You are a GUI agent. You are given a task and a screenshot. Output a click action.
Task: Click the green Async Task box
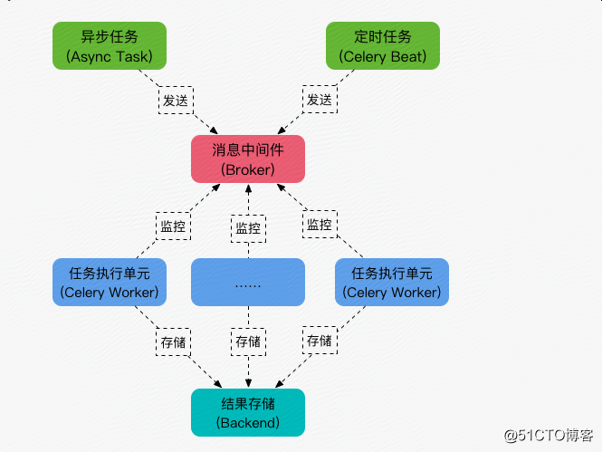pos(110,45)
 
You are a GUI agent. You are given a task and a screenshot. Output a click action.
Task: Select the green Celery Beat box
pos(383,45)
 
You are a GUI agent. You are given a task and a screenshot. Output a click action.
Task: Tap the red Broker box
pos(248,159)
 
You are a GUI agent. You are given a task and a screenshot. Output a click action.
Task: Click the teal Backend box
pos(248,412)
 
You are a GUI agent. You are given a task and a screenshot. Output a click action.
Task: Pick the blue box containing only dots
pos(248,283)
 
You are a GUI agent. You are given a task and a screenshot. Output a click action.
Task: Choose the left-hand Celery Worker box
pos(110,283)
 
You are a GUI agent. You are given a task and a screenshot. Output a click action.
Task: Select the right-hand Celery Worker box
pos(392,283)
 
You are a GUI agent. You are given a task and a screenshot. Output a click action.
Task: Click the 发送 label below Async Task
pos(176,101)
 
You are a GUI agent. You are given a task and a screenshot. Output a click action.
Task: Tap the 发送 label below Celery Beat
pos(320,100)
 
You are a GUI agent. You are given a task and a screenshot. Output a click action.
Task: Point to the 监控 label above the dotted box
pos(248,228)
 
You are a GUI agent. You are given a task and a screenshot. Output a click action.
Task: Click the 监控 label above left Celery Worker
pos(173,226)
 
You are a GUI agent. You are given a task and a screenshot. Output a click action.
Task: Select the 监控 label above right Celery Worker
pos(320,225)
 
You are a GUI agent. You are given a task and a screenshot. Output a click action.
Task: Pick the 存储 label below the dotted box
pos(248,341)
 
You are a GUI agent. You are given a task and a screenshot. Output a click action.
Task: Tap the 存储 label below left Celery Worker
pos(173,342)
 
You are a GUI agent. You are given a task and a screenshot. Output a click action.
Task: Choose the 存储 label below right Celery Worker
pos(320,341)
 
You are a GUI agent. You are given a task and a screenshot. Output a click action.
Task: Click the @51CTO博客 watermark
pos(549,436)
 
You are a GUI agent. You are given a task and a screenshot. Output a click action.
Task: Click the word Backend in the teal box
pos(248,423)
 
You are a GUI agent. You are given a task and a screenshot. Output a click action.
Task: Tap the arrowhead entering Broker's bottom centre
pos(248,188)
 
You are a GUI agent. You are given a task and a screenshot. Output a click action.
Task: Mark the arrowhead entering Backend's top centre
pos(248,383)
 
